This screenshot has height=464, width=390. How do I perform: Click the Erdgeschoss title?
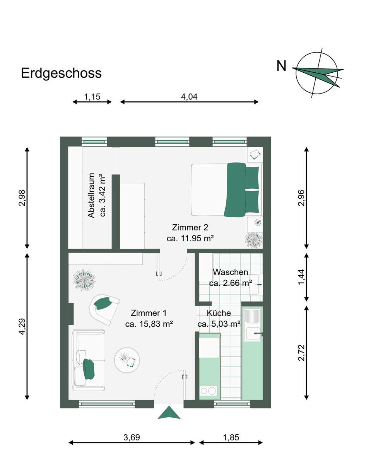[x=61, y=73]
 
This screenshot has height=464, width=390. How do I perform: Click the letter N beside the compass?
[x=281, y=67]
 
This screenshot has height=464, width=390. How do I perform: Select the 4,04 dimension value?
[x=189, y=97]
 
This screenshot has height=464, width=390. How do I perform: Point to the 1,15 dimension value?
[x=92, y=97]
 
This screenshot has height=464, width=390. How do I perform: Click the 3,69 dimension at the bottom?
[x=132, y=437]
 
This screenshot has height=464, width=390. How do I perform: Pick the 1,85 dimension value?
[x=231, y=437]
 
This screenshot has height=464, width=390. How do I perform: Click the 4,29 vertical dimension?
[x=22, y=327]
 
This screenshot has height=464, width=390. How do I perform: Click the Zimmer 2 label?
[x=190, y=227]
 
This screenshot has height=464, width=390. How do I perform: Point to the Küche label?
[x=219, y=313]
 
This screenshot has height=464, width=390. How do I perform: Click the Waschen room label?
[x=230, y=272]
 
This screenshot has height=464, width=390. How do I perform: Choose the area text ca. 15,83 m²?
[x=149, y=324]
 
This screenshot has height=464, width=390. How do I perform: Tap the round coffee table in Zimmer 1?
[x=127, y=360]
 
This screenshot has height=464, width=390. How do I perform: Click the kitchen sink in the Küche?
[x=252, y=333]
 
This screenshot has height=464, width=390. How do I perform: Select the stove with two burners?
[x=208, y=391]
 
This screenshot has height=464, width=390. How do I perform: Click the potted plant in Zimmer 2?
[x=254, y=240]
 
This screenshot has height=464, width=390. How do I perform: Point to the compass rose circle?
[x=315, y=73]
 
